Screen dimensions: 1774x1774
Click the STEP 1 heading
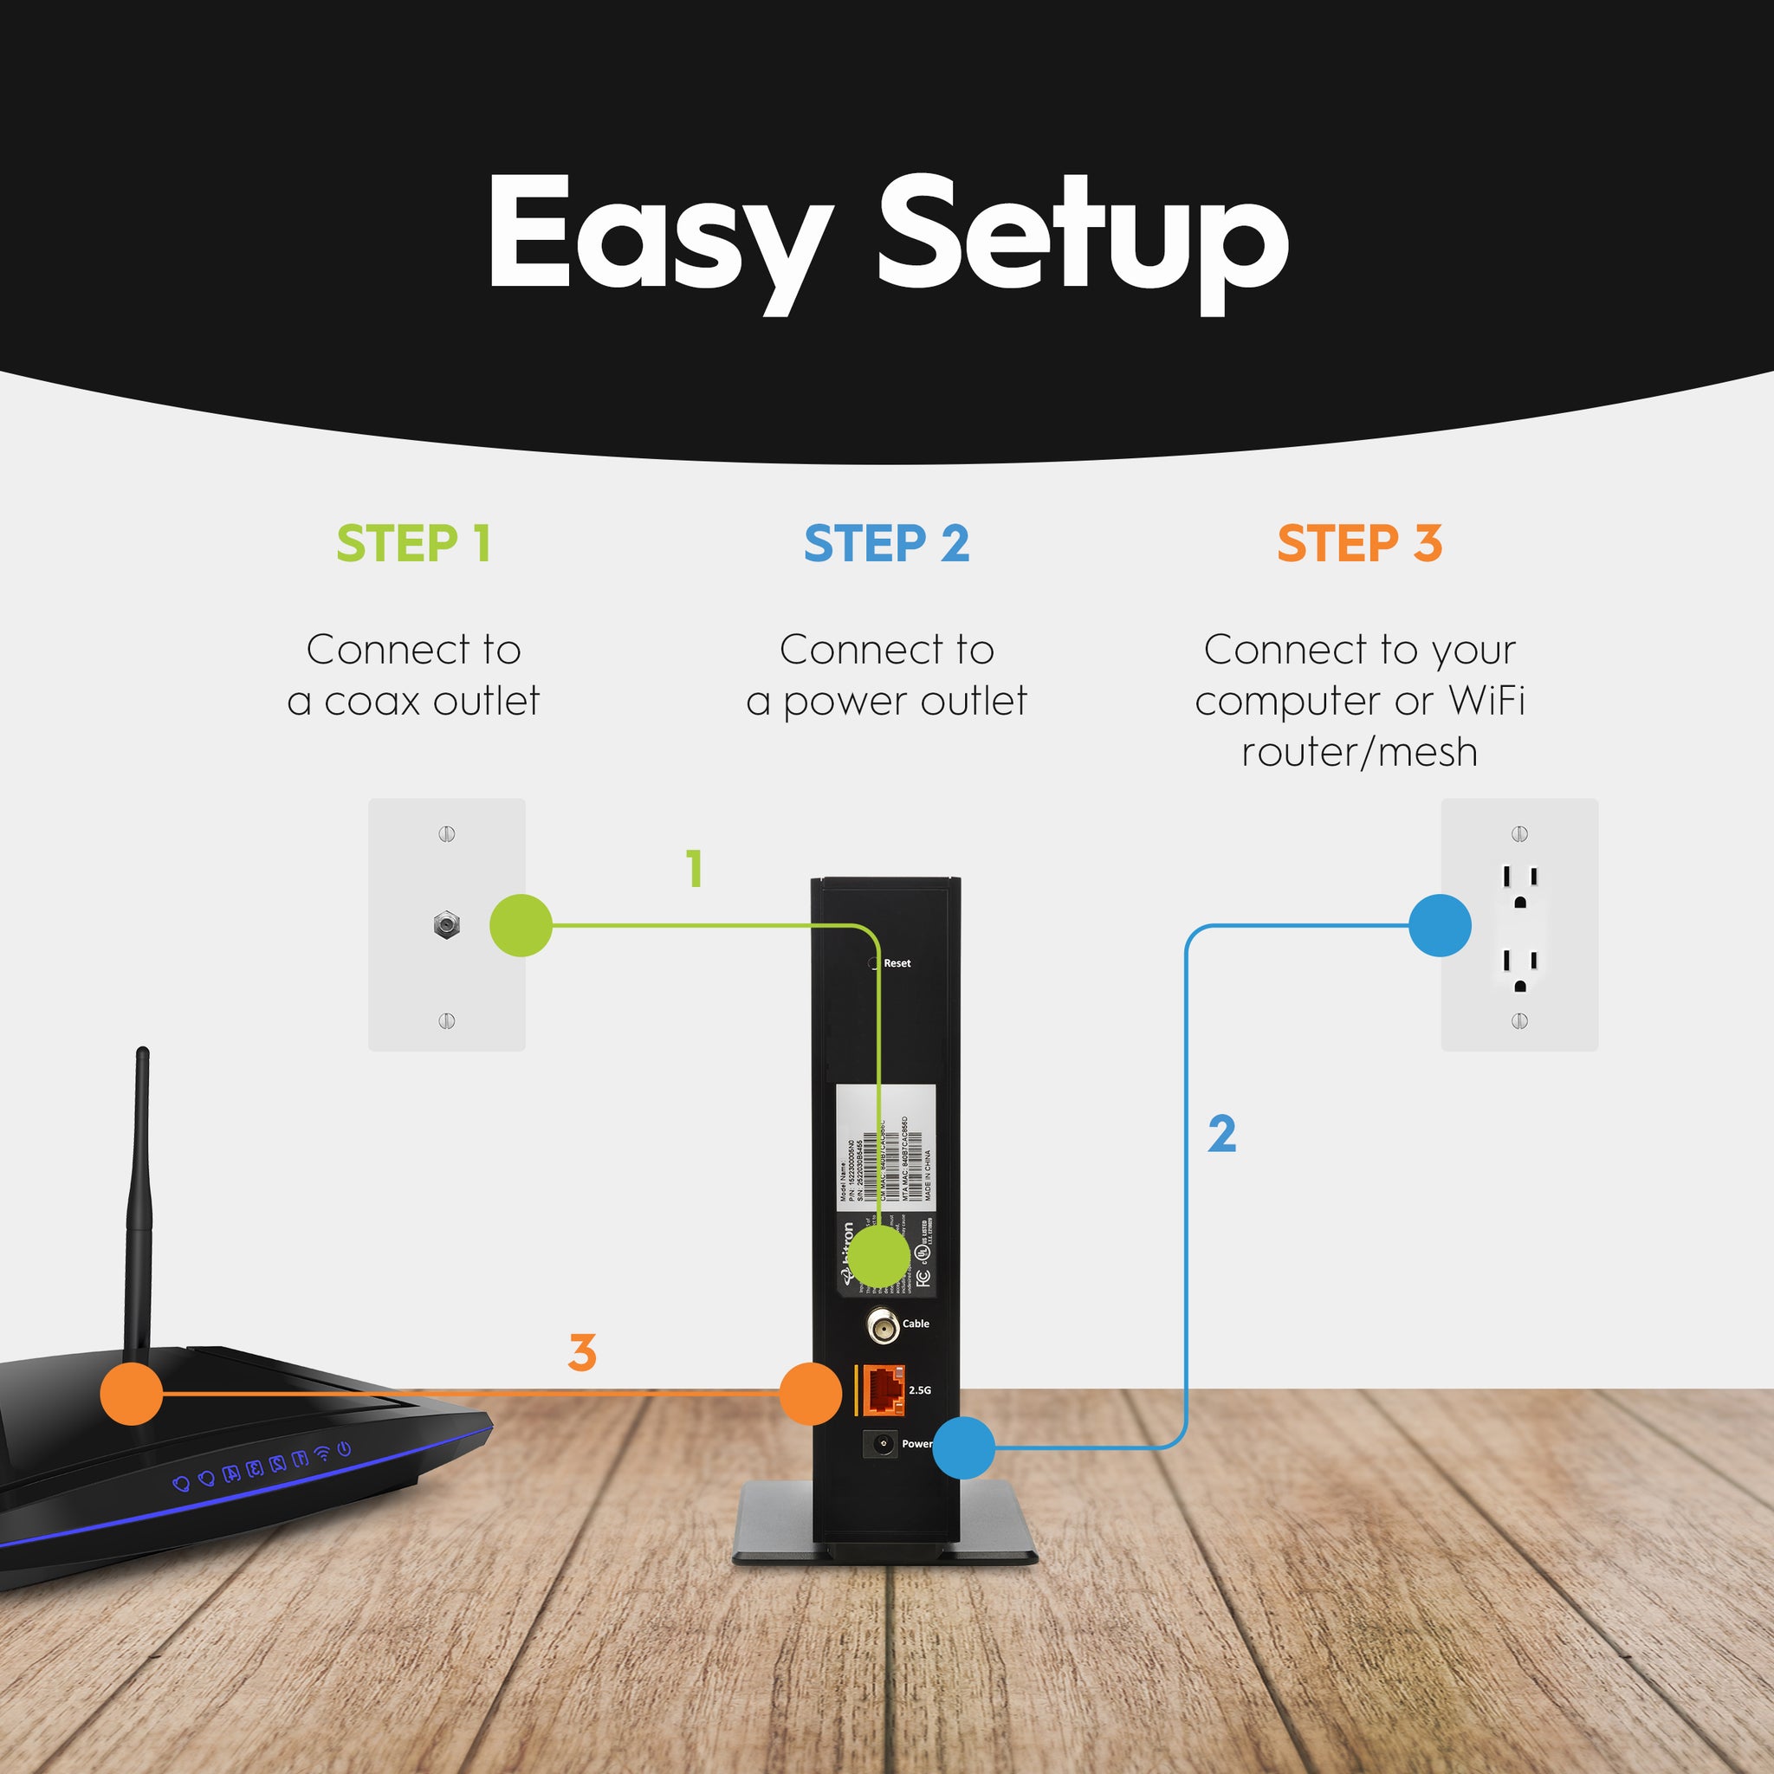(413, 544)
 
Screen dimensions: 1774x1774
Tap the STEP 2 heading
(886, 544)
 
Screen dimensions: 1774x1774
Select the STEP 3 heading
(1359, 544)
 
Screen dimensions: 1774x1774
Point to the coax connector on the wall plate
(446, 924)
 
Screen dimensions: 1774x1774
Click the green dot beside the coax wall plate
(521, 926)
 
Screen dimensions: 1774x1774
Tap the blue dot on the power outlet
(1439, 926)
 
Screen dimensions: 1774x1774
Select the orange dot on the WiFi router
(132, 1394)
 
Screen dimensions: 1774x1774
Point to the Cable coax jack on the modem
(883, 1326)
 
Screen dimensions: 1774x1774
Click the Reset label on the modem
(897, 963)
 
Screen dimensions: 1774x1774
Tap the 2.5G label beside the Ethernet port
(919, 1390)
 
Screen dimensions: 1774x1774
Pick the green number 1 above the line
(695, 869)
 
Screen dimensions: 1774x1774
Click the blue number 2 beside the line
(1221, 1134)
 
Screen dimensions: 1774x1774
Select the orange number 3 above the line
(582, 1352)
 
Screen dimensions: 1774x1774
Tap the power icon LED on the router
(345, 1449)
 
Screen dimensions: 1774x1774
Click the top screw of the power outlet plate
(1519, 834)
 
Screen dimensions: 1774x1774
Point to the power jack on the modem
(883, 1444)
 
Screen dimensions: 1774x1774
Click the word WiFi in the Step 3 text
(1486, 701)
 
